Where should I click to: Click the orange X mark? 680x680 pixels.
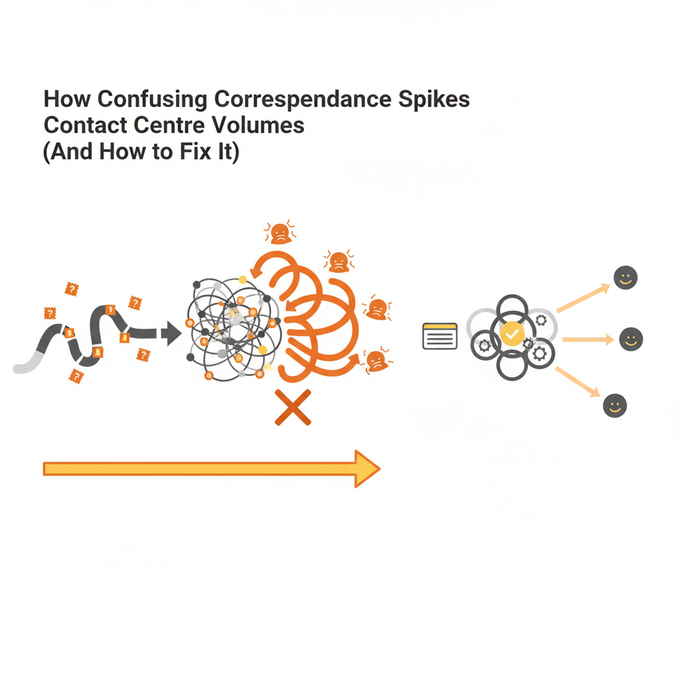(x=293, y=407)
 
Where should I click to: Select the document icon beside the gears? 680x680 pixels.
(x=440, y=336)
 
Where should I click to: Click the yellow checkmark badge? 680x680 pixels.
(x=512, y=333)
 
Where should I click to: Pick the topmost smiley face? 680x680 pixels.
(x=625, y=278)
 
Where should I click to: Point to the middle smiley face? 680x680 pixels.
(x=631, y=339)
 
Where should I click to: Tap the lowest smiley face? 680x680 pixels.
(x=615, y=405)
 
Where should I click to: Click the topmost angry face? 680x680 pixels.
(x=280, y=233)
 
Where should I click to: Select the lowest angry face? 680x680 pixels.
(x=376, y=360)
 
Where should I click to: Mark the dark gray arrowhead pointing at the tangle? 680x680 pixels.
(x=172, y=333)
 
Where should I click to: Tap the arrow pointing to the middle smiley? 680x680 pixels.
(x=588, y=339)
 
